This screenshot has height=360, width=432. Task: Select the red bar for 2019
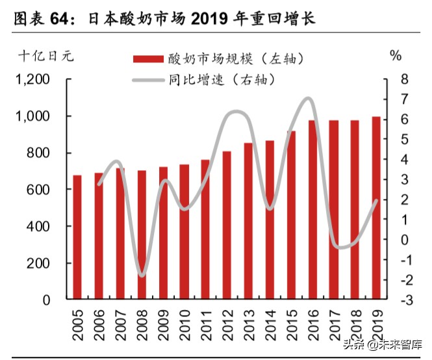[x=376, y=208]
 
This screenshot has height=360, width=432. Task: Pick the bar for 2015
[x=291, y=215]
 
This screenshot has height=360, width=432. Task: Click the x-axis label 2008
[x=142, y=324]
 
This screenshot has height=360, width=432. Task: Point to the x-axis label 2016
[x=312, y=324]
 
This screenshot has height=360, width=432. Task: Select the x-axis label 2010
[x=184, y=324]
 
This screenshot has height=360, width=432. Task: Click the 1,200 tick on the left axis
[x=32, y=79]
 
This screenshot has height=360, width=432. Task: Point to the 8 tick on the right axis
[x=405, y=79]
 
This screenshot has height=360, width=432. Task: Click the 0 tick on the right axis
[x=405, y=240]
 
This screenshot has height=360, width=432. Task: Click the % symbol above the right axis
[x=396, y=55]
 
